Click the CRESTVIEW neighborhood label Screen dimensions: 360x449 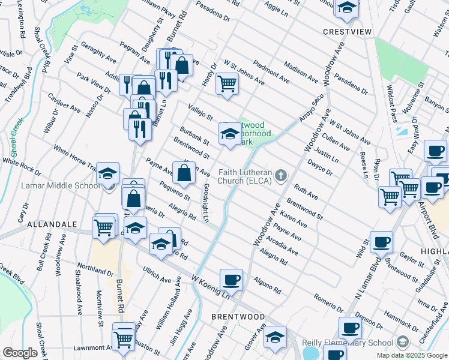(x=348, y=31)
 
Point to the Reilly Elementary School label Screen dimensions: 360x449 (x=348, y=343)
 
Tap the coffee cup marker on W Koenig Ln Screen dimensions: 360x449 (x=231, y=279)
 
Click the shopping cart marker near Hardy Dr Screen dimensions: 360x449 (x=227, y=83)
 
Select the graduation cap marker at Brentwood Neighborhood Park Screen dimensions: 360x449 (x=229, y=134)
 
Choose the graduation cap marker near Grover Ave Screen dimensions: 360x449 (x=275, y=337)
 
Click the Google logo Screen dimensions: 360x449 (x=20, y=353)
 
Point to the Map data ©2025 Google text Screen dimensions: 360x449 (x=412, y=355)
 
